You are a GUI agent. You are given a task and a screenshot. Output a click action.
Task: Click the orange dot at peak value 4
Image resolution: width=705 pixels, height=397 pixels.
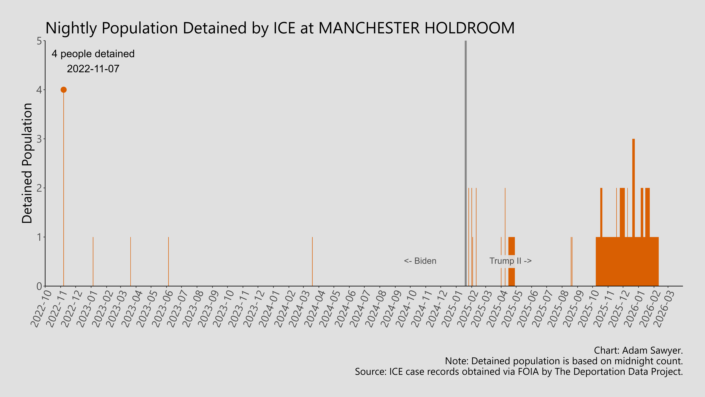tap(64, 90)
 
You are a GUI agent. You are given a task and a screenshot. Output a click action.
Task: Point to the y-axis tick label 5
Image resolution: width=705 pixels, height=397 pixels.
tap(39, 41)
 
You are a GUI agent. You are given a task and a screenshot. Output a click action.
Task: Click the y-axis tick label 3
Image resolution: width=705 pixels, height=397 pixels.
tap(39, 139)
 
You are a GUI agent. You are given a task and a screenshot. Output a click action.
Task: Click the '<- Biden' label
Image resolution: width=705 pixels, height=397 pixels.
tap(420, 261)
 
